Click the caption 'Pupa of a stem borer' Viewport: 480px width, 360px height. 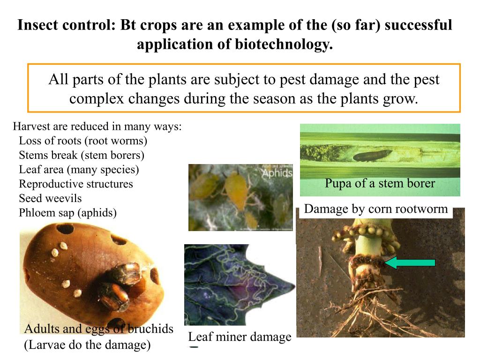(380, 183)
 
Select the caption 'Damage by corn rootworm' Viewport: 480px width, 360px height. (376, 209)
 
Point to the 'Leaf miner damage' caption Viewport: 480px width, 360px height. (240, 337)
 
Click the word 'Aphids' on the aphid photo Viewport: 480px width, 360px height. (277, 173)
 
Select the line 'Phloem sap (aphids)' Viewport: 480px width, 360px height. (67, 213)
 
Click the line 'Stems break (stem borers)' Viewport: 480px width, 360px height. (82, 155)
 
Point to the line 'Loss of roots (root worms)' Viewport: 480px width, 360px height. (83, 141)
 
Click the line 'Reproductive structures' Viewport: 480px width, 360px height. (76, 184)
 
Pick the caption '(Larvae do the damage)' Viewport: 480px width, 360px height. (87, 345)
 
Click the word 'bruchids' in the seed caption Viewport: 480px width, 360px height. (150, 329)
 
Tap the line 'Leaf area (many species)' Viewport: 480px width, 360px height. (79, 169)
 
